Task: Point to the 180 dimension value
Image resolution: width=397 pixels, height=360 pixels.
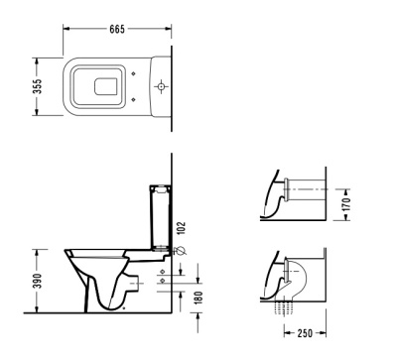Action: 198,299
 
